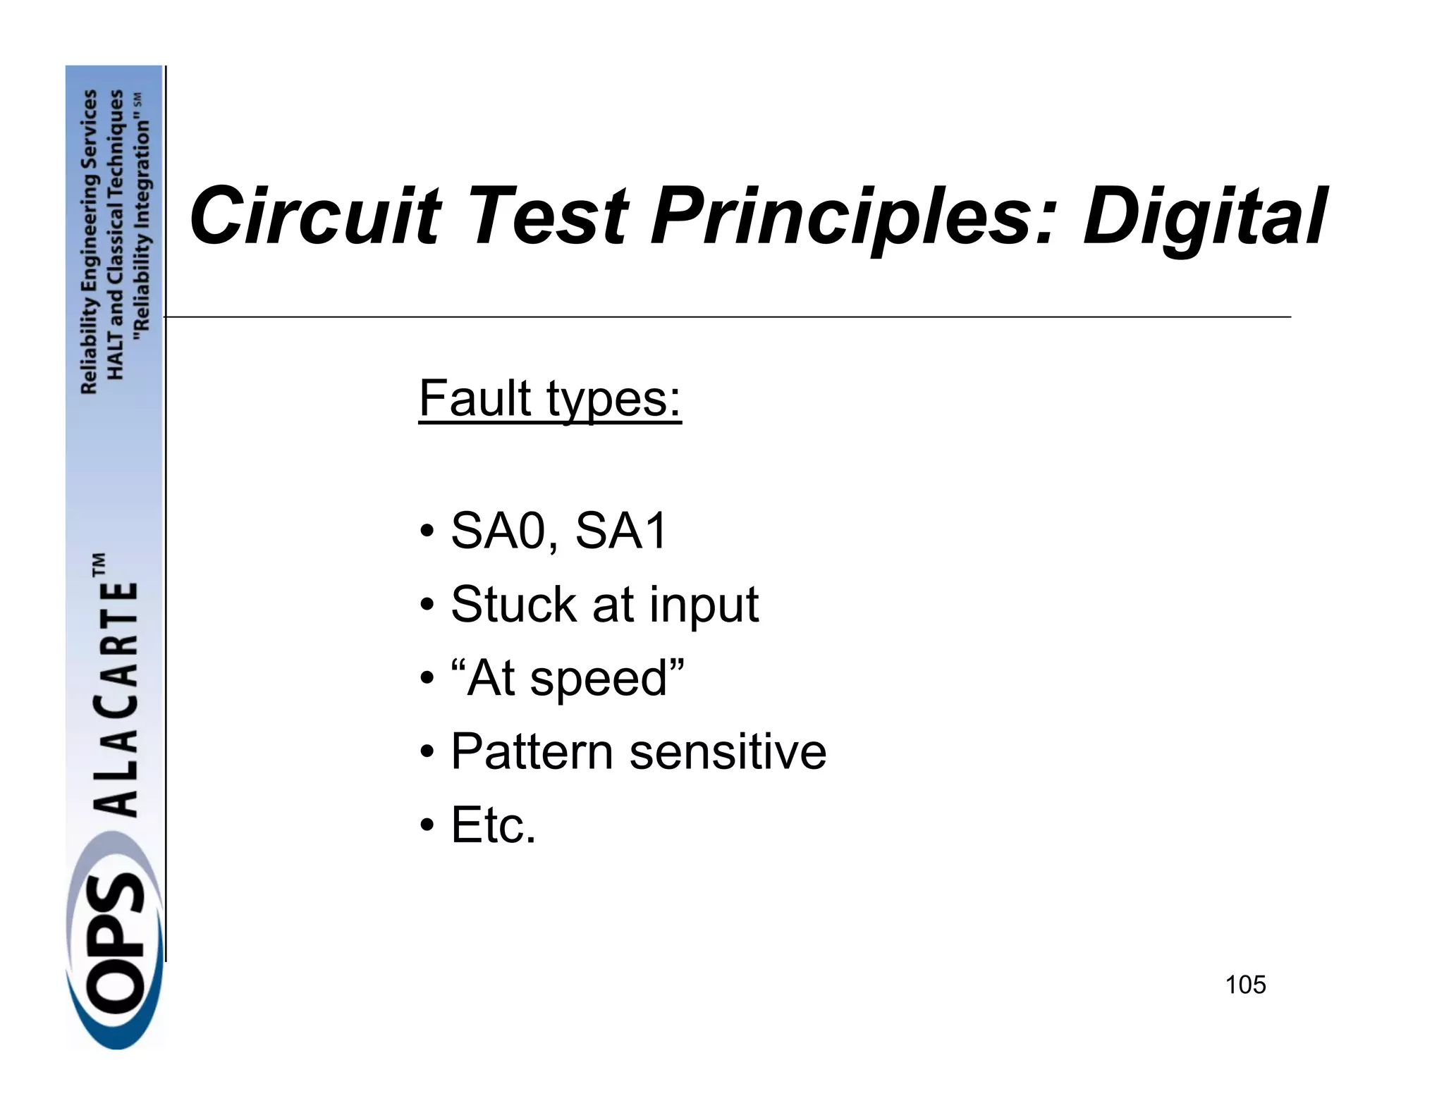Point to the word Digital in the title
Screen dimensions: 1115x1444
[x=1205, y=217]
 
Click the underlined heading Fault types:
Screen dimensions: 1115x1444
[x=550, y=399]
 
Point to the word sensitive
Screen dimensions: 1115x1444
[x=728, y=751]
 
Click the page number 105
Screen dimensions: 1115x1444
[x=1246, y=985]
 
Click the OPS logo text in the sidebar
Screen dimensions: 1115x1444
[x=113, y=941]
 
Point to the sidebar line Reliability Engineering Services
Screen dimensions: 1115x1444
[x=90, y=242]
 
